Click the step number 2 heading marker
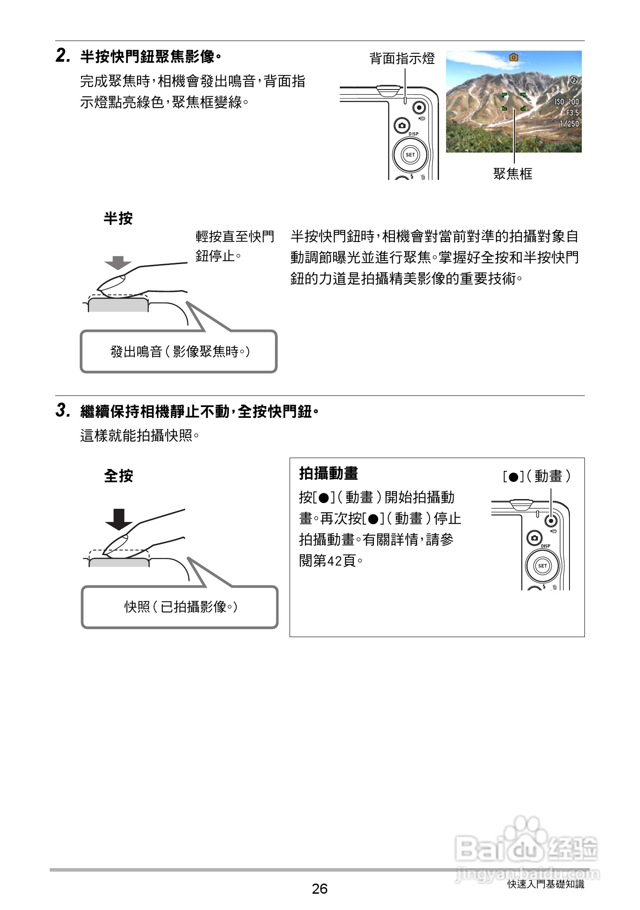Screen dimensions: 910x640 (x=62, y=56)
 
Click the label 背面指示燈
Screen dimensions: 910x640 (x=402, y=59)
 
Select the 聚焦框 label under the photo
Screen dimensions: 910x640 (x=513, y=174)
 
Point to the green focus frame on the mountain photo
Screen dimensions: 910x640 (x=513, y=101)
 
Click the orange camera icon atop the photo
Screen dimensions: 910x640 (x=513, y=57)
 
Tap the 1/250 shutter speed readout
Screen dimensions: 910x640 (x=569, y=123)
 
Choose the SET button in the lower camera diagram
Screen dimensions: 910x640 (x=542, y=566)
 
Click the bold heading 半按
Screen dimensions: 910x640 (x=118, y=218)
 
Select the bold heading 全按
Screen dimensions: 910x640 (x=118, y=476)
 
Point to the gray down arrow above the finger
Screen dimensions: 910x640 (x=118, y=263)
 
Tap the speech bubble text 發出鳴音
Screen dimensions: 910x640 (x=137, y=352)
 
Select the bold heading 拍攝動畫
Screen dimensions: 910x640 (x=328, y=474)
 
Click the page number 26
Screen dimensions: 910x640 (x=320, y=888)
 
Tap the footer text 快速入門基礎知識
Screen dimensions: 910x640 (x=546, y=884)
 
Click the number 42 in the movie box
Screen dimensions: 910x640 (x=335, y=561)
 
